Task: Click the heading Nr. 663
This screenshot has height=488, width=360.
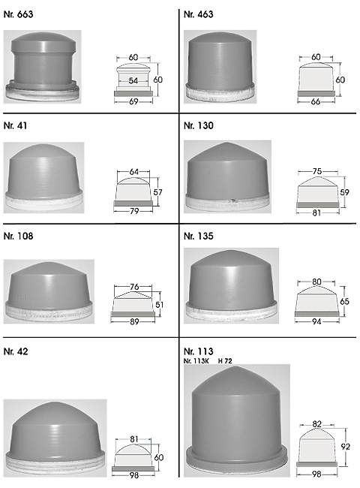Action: (x=18, y=14)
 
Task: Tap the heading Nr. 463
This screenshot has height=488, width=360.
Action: (x=198, y=14)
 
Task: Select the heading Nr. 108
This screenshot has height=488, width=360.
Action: (x=18, y=236)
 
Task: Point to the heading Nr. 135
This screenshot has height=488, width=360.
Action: (x=198, y=236)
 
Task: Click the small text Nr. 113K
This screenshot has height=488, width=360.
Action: (x=196, y=361)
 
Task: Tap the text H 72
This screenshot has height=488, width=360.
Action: (x=225, y=361)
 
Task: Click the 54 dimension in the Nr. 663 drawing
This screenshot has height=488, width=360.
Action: (x=133, y=80)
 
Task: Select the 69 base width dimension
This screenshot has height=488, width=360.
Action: (x=133, y=101)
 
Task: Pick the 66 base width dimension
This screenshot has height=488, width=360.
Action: (x=316, y=101)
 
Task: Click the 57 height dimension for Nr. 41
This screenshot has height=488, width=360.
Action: (x=158, y=192)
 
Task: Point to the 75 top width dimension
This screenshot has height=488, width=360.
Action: (x=317, y=171)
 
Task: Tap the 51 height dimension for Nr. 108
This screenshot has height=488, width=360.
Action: (x=159, y=304)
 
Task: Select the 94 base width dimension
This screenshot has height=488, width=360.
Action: (x=316, y=321)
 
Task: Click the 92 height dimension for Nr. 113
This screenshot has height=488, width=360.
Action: (x=346, y=447)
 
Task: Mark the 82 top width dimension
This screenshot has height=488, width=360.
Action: (x=316, y=424)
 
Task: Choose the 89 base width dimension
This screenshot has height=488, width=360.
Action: (x=134, y=321)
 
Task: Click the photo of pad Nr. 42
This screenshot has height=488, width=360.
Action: (x=55, y=438)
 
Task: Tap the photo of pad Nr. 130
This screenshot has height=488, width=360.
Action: (x=227, y=176)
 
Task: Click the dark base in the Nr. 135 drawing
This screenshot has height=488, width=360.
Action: (x=316, y=314)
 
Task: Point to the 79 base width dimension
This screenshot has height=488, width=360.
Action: (x=134, y=211)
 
